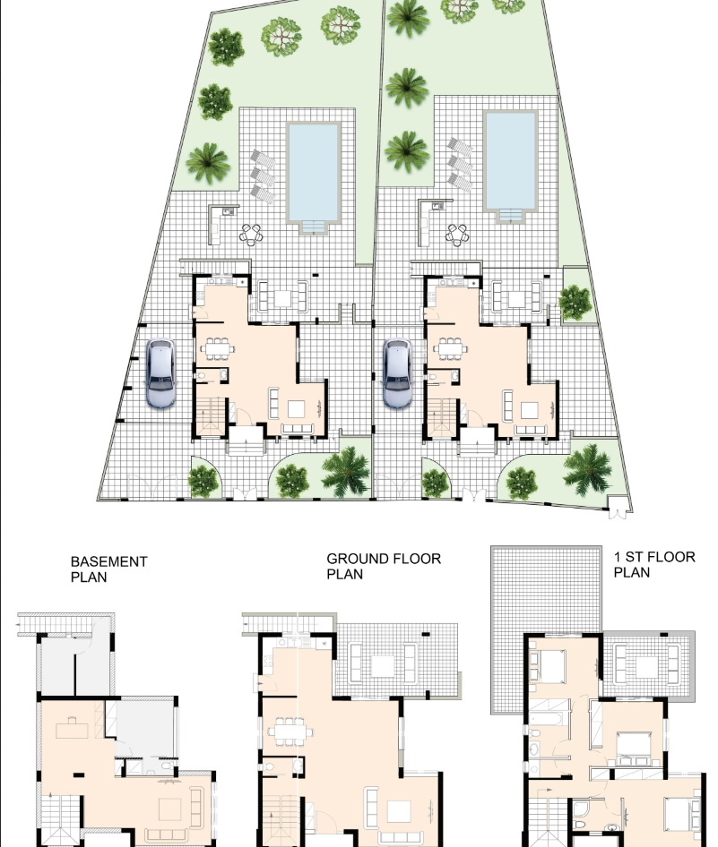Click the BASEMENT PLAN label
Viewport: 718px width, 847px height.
click(x=108, y=569)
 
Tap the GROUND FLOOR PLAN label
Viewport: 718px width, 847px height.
click(x=384, y=566)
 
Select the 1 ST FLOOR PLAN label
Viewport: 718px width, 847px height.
click(x=654, y=564)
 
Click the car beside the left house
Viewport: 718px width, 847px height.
click(x=160, y=372)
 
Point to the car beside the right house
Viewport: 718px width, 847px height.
click(x=397, y=372)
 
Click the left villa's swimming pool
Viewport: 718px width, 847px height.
click(x=314, y=172)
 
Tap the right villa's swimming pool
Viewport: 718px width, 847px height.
click(x=510, y=160)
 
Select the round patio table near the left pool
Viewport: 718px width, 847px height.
click(x=251, y=235)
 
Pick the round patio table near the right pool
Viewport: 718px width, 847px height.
click(x=457, y=235)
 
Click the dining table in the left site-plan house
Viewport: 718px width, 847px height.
click(x=217, y=348)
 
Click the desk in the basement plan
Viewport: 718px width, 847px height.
click(x=73, y=730)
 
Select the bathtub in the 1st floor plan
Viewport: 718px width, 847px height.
click(x=549, y=718)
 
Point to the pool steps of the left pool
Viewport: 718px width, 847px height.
click(x=314, y=227)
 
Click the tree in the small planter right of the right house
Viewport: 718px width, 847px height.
click(x=575, y=302)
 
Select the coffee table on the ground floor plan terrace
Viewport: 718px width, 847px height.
click(x=383, y=665)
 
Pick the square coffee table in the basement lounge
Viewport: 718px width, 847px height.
click(x=170, y=809)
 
